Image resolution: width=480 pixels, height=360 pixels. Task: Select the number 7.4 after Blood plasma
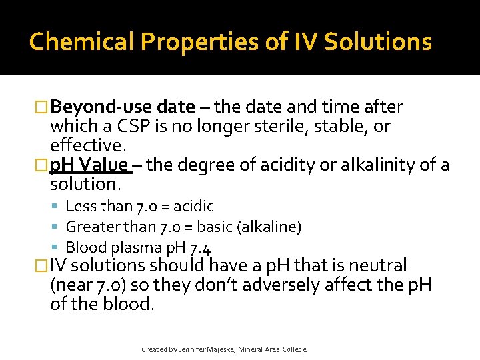[201, 248]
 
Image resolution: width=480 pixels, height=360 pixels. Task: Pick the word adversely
[287, 285]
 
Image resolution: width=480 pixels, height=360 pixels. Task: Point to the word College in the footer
[294, 349]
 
